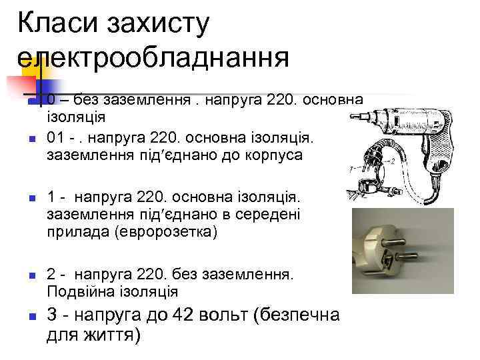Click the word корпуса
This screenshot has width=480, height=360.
271,155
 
